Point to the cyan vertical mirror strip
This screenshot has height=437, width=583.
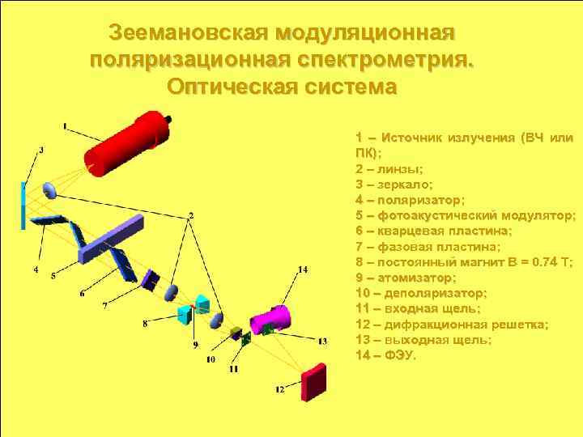coord(23,206)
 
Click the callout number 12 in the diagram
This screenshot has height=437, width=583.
coord(280,389)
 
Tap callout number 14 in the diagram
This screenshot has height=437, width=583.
coord(303,269)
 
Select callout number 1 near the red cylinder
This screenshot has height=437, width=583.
coord(65,125)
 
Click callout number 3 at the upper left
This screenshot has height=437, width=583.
coord(41,150)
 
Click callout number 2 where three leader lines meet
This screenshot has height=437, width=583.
coord(191,215)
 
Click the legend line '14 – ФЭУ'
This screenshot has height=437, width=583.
coord(386,355)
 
